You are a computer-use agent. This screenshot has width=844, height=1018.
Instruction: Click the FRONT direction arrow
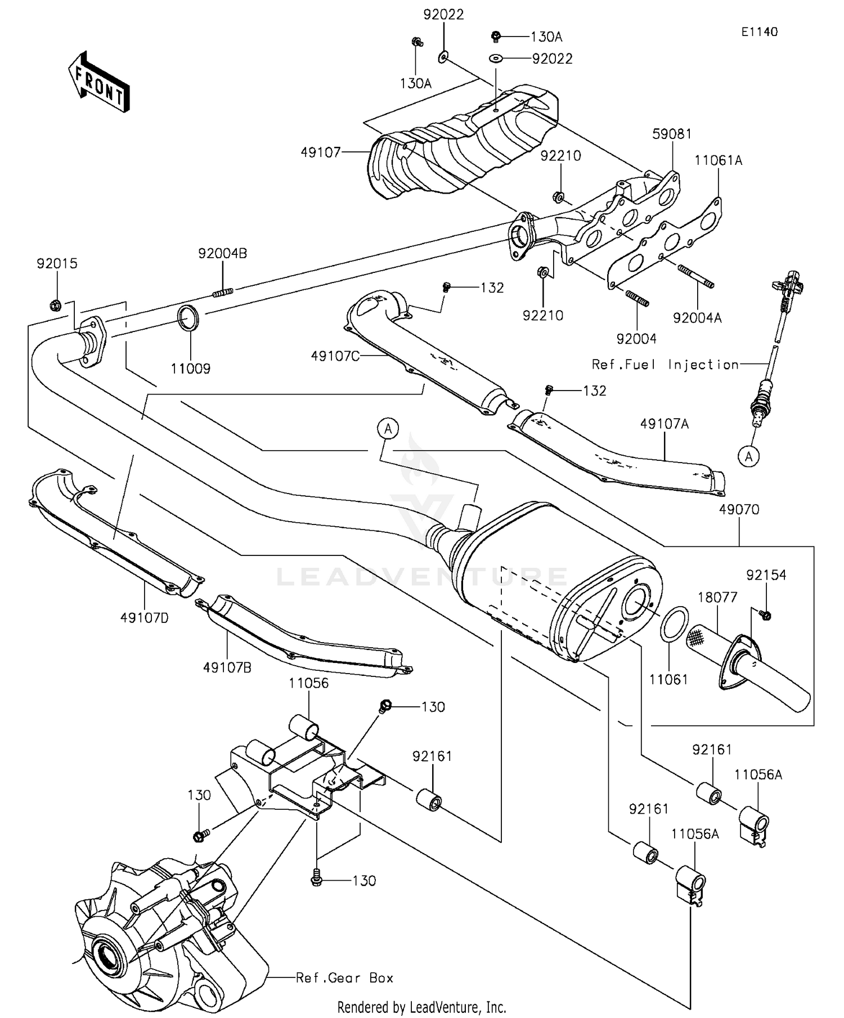[x=99, y=82]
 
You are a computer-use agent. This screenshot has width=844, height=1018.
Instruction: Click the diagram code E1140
[x=759, y=32]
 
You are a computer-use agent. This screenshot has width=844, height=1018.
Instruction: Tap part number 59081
[x=672, y=134]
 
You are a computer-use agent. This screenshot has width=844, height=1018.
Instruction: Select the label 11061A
[x=718, y=160]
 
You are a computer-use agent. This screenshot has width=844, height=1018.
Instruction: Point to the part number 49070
[x=739, y=509]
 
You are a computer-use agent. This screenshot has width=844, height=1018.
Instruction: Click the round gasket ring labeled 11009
[x=188, y=319]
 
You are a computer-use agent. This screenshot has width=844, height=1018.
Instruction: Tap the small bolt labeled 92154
[x=765, y=615]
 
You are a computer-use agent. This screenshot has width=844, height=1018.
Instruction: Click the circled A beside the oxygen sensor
[x=748, y=456]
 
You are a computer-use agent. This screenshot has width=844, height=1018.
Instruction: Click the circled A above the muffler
[x=388, y=429]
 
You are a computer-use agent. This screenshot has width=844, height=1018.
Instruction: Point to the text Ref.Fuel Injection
[x=665, y=365]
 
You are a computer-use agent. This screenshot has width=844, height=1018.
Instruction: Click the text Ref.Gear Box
[x=344, y=977]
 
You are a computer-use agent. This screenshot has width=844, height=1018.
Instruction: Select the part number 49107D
[x=144, y=618]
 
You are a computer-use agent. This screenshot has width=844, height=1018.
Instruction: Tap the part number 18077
[x=717, y=597]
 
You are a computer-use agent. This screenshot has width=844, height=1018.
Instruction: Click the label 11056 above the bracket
[x=308, y=683]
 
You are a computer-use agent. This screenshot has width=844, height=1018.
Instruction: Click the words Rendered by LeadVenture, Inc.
[x=421, y=1007]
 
